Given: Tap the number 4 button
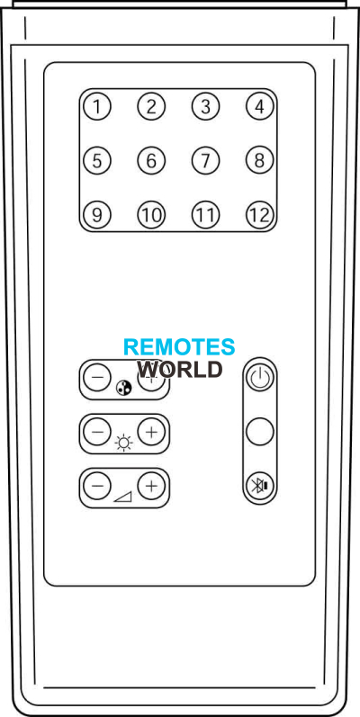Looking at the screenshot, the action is point(259,107).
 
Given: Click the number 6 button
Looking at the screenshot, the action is point(151,161).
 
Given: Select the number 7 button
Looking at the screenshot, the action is point(205,161).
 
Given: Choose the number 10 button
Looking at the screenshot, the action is point(151,215).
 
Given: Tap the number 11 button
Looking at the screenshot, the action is point(205,215).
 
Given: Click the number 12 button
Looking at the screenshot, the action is point(259,215).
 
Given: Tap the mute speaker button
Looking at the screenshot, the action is point(260,486).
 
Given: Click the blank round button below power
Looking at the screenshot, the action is point(260,431).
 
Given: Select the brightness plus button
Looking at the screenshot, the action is point(151,431).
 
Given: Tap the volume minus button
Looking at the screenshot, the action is point(97,486).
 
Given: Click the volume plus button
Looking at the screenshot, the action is point(151,486).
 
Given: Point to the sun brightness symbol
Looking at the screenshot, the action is point(124,444).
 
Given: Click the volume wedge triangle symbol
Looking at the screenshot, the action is point(122,496).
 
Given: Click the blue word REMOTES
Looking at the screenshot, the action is point(179,347).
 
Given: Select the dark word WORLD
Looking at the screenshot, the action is point(180,370).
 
